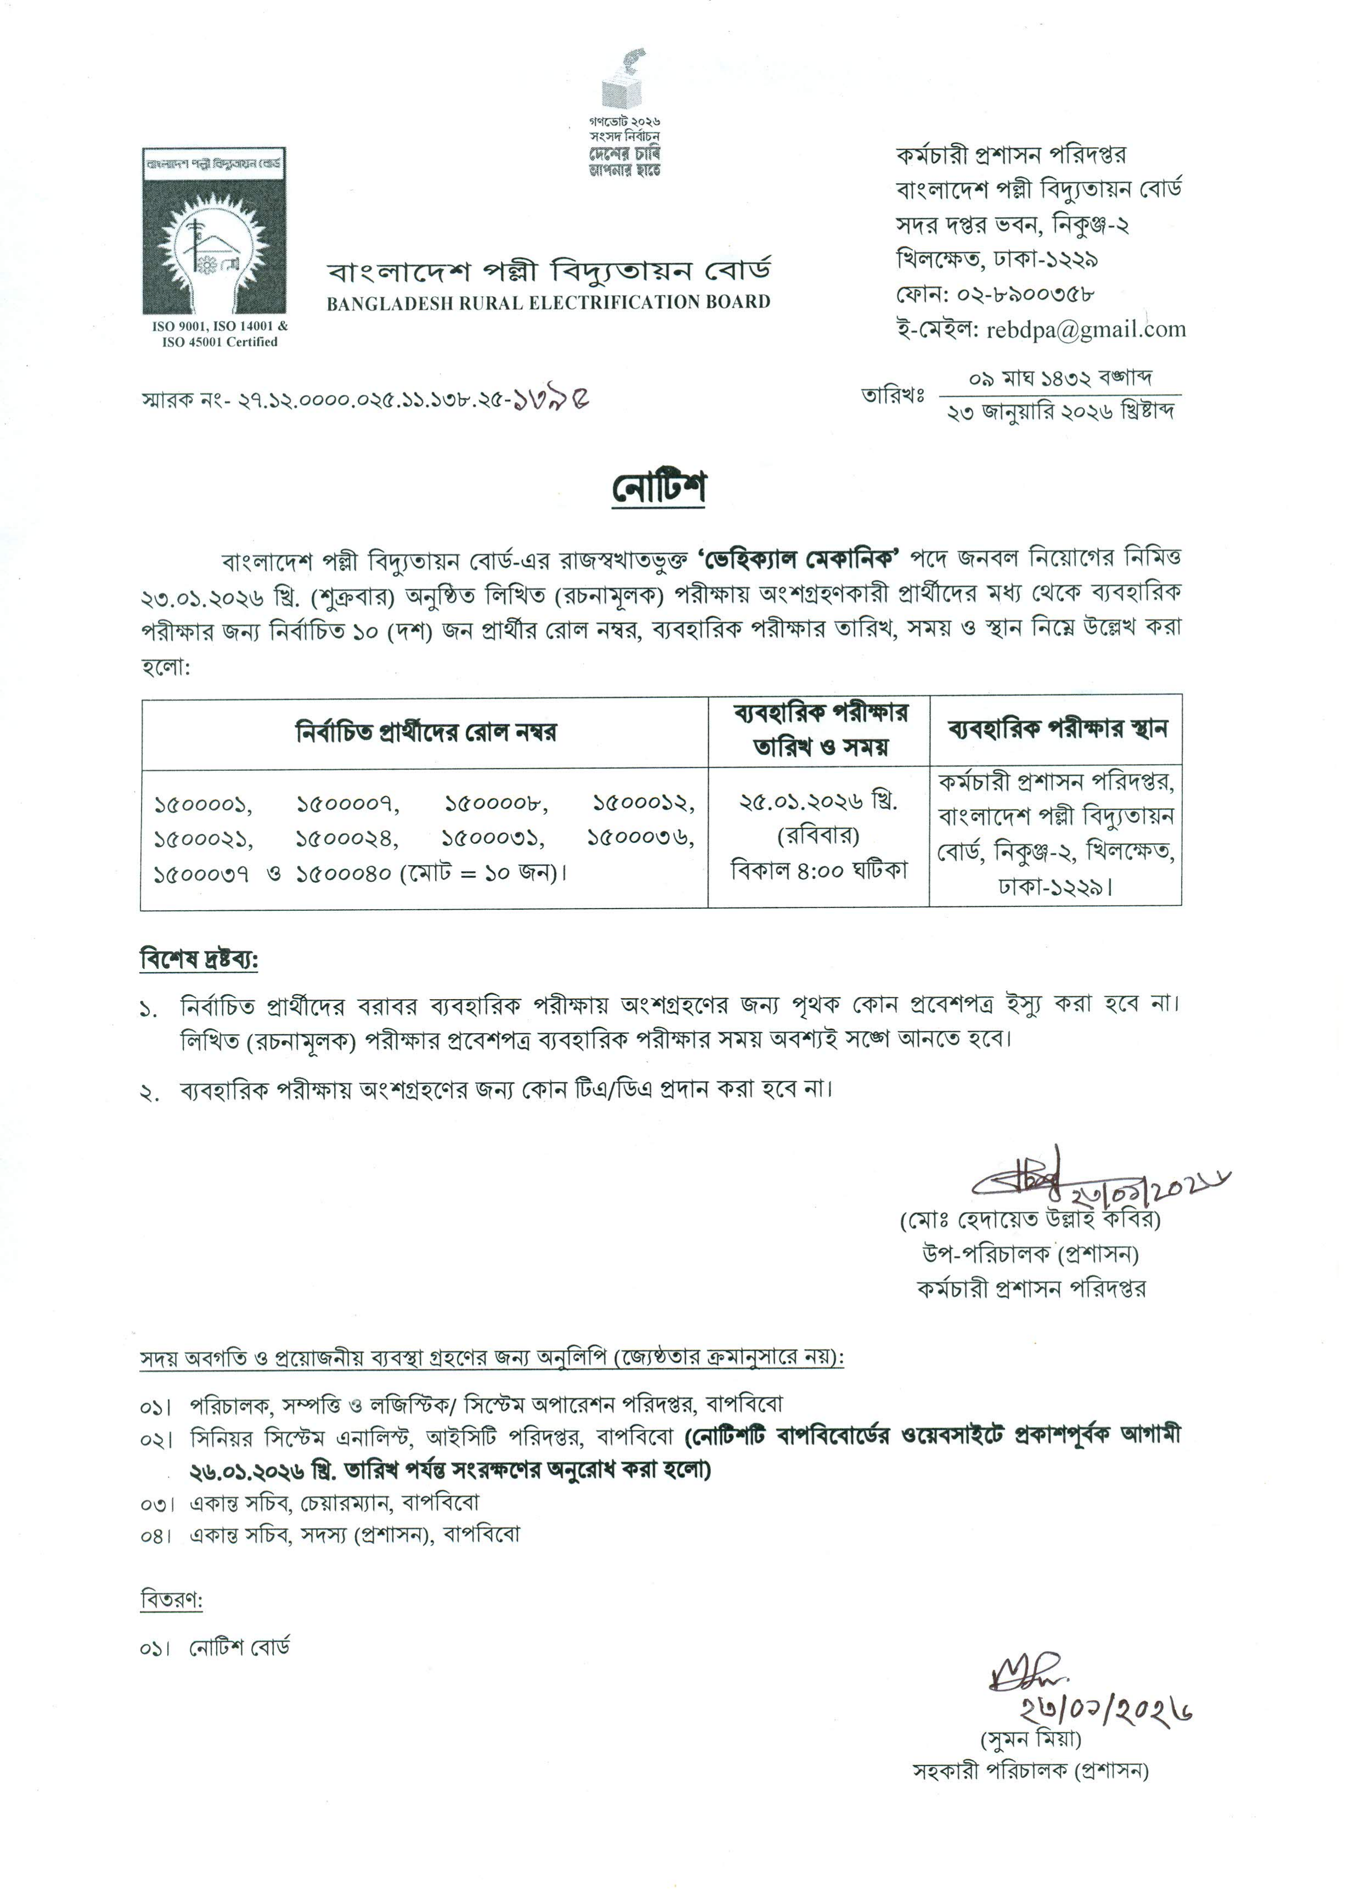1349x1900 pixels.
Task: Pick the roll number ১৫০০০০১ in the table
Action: tap(204, 804)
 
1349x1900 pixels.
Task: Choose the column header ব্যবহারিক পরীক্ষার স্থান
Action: tap(1057, 729)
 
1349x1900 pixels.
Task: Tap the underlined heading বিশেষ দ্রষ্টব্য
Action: tap(199, 960)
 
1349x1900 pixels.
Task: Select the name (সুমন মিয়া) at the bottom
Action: tap(1031, 1737)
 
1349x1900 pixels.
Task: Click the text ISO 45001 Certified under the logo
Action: tap(219, 341)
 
